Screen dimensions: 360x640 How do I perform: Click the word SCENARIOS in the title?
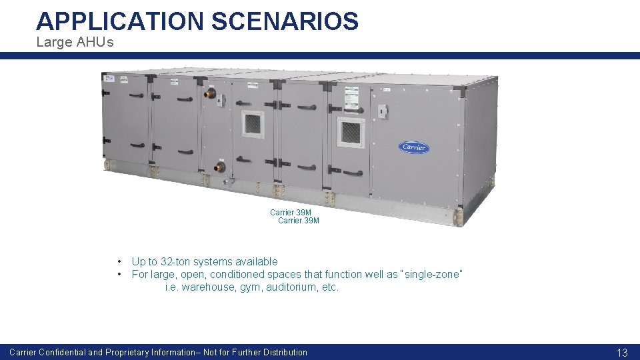click(285, 21)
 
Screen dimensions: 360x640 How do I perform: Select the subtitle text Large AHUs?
click(75, 43)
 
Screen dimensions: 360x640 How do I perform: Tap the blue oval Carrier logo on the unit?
click(414, 147)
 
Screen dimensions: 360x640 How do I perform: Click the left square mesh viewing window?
click(253, 124)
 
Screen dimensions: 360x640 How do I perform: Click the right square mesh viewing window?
click(351, 133)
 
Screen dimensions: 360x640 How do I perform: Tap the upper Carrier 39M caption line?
click(290, 213)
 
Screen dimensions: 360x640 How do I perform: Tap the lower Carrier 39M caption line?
click(298, 221)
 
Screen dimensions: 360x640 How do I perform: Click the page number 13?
click(622, 352)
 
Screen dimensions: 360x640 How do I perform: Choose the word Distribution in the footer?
click(285, 352)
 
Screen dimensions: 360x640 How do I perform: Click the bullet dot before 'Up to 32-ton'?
click(119, 262)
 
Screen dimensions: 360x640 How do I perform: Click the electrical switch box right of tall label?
click(383, 111)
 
